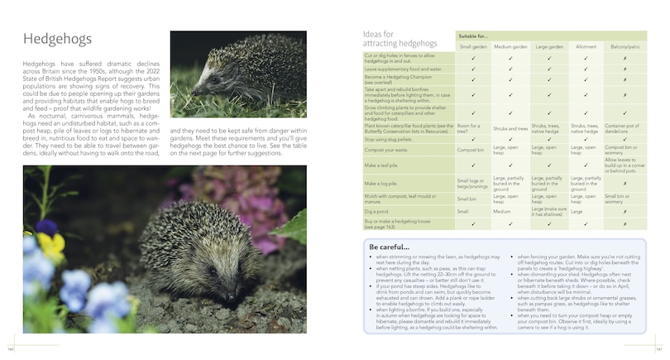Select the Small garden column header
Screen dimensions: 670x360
(472, 47)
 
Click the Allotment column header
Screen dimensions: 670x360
(586, 47)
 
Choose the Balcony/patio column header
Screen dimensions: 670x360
(625, 47)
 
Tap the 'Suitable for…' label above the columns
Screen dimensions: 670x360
(476, 35)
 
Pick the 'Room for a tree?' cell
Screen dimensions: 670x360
(468, 127)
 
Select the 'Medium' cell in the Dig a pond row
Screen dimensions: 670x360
(502, 211)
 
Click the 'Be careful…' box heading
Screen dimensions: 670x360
(388, 246)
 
